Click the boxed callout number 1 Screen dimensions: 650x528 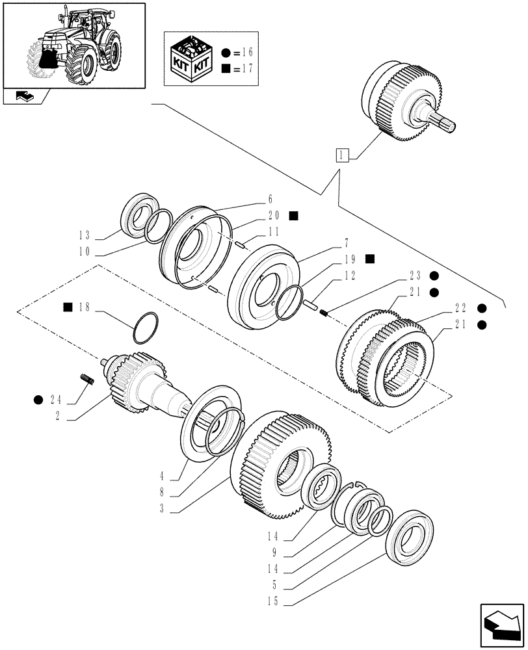[x=343, y=155]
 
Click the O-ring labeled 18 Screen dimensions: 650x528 [x=144, y=327]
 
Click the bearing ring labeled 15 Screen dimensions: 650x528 [x=409, y=536]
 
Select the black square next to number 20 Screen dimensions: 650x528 [x=294, y=216]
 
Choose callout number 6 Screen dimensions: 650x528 [x=271, y=200]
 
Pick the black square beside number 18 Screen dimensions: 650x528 [x=68, y=307]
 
